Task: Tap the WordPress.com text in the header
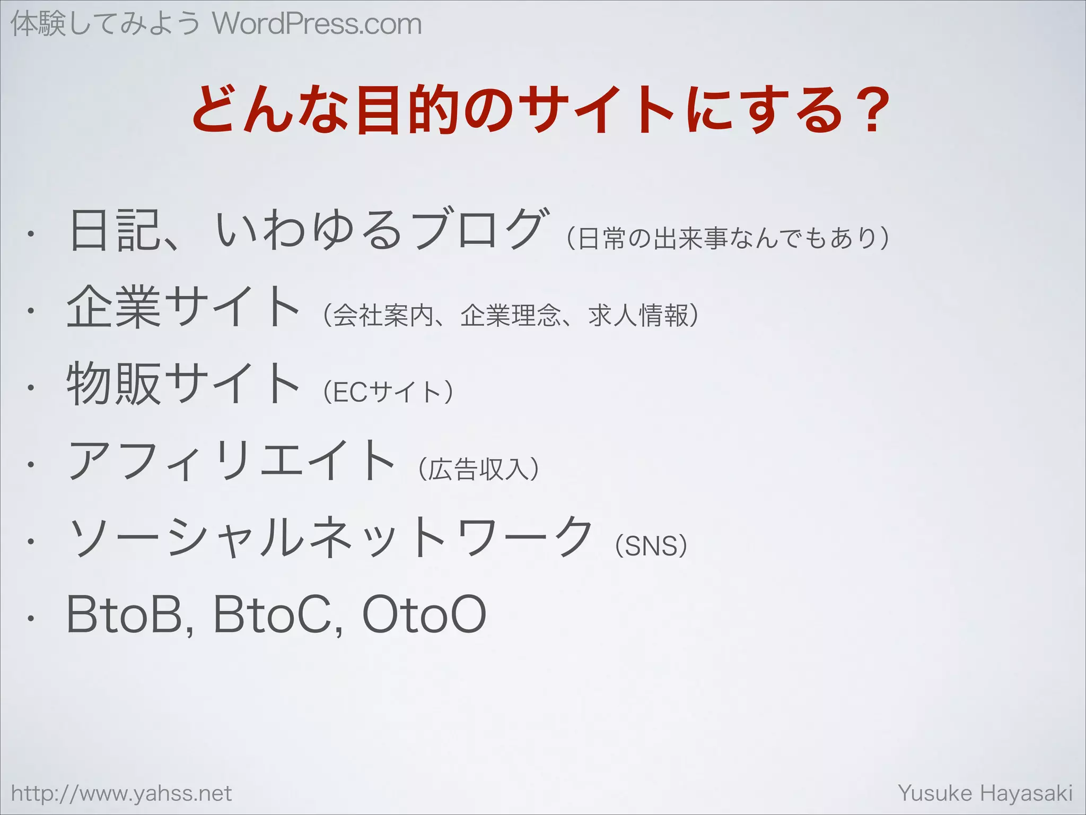click(x=317, y=24)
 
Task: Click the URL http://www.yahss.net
click(x=121, y=793)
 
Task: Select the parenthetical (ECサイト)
click(x=388, y=392)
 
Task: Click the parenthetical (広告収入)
click(x=479, y=469)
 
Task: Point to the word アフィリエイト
click(x=232, y=461)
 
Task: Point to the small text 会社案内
click(x=384, y=316)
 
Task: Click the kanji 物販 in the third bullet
click(x=113, y=383)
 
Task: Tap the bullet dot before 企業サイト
click(x=31, y=311)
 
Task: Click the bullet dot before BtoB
click(x=31, y=619)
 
